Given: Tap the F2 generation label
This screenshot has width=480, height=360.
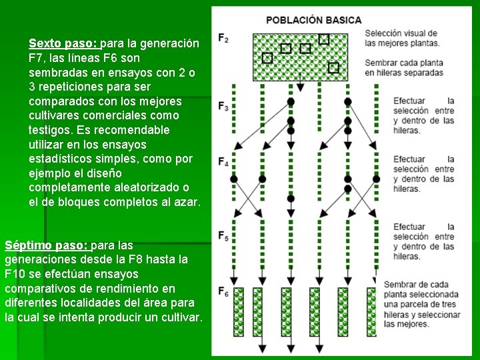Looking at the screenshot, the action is (x=223, y=39).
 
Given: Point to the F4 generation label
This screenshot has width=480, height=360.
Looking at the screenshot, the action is (x=223, y=163).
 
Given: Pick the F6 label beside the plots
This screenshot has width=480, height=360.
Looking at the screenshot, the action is (x=223, y=291).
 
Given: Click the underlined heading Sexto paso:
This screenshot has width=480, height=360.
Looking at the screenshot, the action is (x=63, y=44).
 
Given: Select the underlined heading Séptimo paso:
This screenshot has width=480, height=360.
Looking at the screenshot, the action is (x=46, y=245).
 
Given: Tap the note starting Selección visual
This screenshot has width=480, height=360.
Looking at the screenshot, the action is (x=401, y=38).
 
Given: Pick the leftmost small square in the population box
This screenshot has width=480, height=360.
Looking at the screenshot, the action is (x=267, y=59).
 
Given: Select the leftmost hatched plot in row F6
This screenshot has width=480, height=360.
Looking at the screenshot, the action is (x=238, y=311).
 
